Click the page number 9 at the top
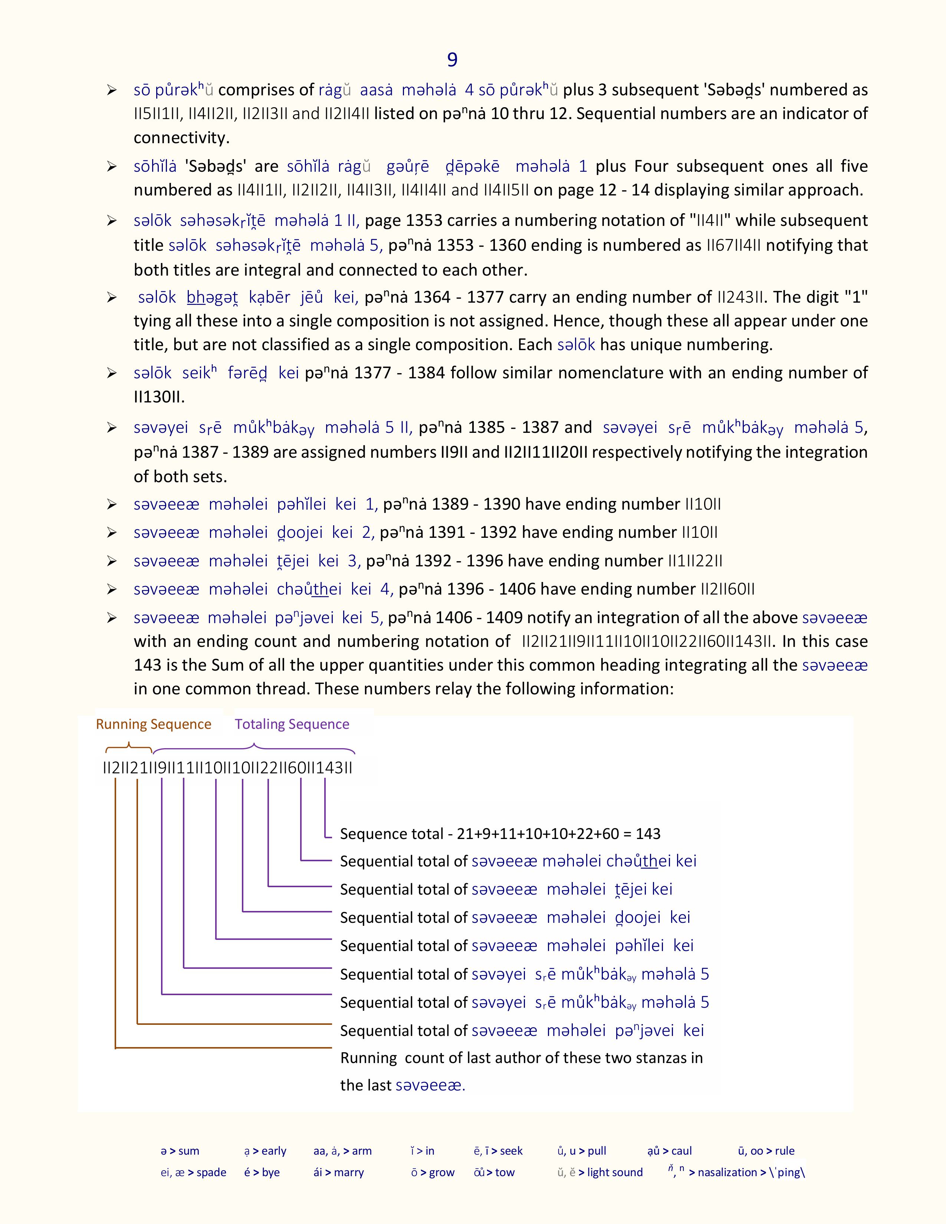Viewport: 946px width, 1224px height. coord(452,59)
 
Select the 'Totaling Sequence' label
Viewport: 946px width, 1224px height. coord(292,724)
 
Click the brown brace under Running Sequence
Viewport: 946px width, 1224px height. coord(129,747)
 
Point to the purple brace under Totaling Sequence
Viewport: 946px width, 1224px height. coord(254,748)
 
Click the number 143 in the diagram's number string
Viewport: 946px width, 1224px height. coord(329,768)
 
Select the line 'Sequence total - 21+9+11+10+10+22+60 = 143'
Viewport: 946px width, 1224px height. coord(500,834)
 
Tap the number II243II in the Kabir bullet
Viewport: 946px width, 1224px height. coord(742,297)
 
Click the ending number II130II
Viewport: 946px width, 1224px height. coord(159,397)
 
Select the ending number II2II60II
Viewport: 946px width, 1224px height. coord(727,589)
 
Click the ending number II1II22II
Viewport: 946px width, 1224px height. coord(695,561)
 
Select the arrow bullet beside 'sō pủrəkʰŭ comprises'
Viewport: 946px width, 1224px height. coord(112,90)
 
